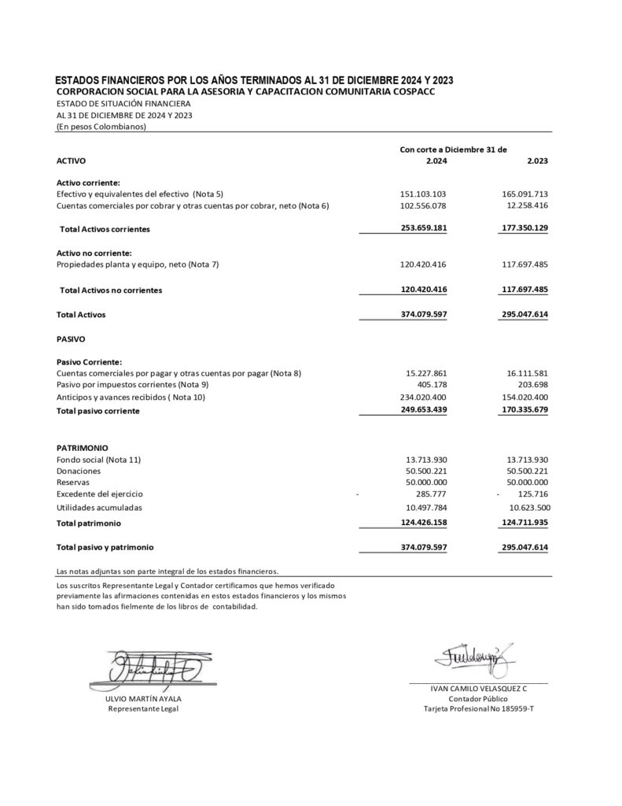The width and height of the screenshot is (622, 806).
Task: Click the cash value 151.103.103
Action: [x=423, y=194]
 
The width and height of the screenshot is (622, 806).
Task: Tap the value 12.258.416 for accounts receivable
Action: [x=524, y=206]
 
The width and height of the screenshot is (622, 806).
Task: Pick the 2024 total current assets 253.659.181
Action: [x=423, y=228]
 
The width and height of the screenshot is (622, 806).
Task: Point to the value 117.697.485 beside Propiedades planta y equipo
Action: [x=524, y=264]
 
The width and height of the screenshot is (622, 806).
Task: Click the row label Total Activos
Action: [x=81, y=314]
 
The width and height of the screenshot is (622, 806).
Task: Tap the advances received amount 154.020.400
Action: [x=524, y=397]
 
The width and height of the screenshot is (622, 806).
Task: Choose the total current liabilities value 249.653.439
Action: [x=423, y=410]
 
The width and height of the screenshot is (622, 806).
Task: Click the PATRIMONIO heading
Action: [x=83, y=446]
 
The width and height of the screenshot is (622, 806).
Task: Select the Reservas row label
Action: [x=73, y=482]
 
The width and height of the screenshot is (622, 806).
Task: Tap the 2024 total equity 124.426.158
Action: [x=423, y=522]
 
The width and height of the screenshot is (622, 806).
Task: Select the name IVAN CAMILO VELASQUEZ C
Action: [x=478, y=688]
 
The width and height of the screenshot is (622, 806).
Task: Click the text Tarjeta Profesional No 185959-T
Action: [x=478, y=709]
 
